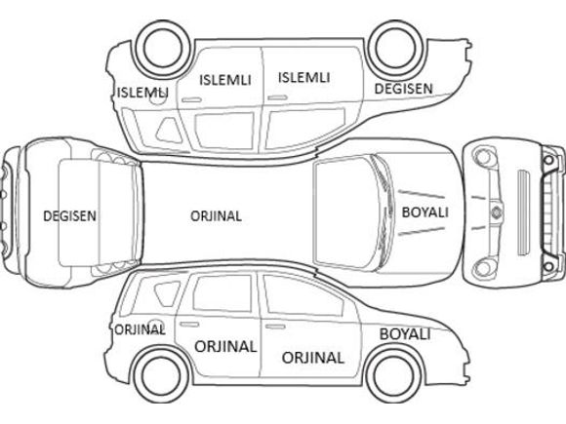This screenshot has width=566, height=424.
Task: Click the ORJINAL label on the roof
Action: pyautogui.click(x=216, y=216)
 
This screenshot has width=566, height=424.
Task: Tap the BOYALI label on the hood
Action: pyautogui.click(x=425, y=212)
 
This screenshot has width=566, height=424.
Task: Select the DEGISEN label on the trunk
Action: pyautogui.click(x=69, y=216)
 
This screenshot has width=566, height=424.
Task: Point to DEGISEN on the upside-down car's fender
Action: pyautogui.click(x=403, y=89)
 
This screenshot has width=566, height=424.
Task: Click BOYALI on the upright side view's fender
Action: pyautogui.click(x=405, y=334)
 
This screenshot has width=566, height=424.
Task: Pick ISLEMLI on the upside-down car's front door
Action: pyautogui.click(x=303, y=78)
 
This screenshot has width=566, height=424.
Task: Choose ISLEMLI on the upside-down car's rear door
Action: pyautogui.click(x=225, y=80)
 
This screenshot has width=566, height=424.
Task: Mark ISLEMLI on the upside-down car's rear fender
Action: pyautogui.click(x=142, y=93)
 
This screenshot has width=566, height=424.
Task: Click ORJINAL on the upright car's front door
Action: pyautogui.click(x=312, y=358)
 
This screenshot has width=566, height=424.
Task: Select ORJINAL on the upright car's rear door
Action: pyautogui.click(x=225, y=346)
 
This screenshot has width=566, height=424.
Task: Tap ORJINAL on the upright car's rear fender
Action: pyautogui.click(x=140, y=329)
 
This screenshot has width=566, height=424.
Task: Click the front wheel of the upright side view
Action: pyautogui.click(x=393, y=375)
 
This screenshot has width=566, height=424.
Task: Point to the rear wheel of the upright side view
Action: pyautogui.click(x=161, y=375)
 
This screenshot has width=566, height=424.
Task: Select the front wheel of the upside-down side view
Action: pyautogui.click(x=395, y=49)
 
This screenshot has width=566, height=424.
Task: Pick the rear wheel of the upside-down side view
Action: pyautogui.click(x=163, y=49)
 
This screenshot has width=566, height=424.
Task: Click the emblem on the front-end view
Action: pyautogui.click(x=497, y=212)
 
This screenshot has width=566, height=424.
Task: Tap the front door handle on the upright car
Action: pyautogui.click(x=275, y=327)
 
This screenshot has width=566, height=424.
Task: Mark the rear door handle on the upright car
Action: pyautogui.click(x=189, y=325)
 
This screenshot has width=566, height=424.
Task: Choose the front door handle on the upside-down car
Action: pyautogui.click(x=277, y=97)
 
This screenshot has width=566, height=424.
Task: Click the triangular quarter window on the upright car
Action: pyautogui.click(x=167, y=293)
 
